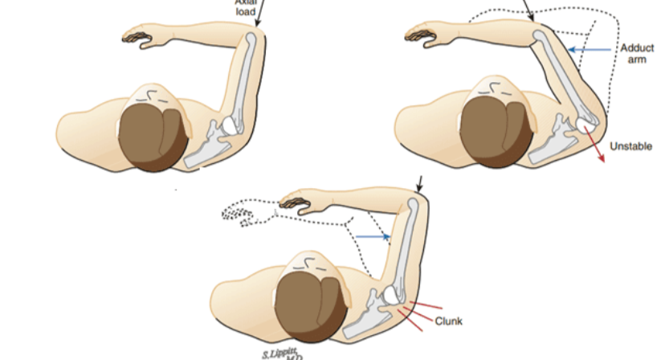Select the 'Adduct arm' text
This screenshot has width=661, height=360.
(637, 54)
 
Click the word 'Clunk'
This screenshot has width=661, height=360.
(449, 321)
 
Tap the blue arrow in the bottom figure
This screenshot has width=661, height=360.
(373, 236)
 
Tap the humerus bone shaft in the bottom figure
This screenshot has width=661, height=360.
(407, 241)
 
